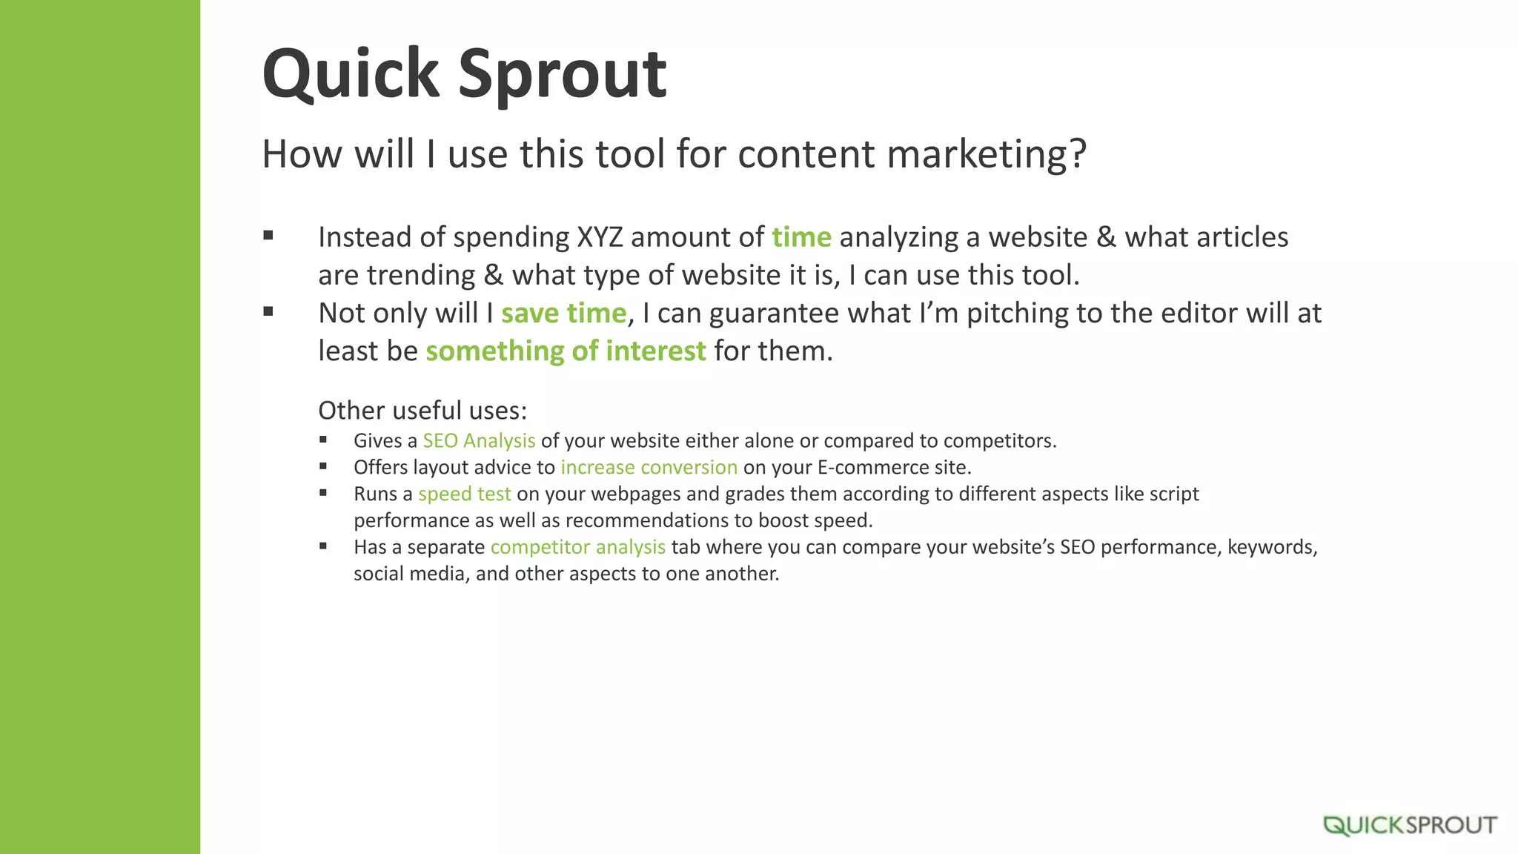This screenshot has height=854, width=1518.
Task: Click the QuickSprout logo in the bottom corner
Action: (1410, 825)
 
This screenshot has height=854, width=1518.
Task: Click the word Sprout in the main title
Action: (562, 74)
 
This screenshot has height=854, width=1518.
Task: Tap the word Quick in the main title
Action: (351, 74)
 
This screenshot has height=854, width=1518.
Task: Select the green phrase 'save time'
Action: (563, 313)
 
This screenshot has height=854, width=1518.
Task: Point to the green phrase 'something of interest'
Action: (566, 351)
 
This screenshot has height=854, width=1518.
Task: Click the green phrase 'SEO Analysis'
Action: (479, 440)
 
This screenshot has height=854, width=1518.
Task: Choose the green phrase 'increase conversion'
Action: (649, 467)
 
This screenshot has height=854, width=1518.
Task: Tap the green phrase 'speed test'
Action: (464, 494)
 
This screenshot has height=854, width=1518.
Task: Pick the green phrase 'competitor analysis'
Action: (577, 547)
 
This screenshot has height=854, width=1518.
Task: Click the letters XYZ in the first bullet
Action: (600, 237)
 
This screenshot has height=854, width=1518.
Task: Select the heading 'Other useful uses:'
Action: (422, 410)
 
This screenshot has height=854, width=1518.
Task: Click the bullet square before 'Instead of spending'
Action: (268, 236)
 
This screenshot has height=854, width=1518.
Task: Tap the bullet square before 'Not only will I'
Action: (268, 311)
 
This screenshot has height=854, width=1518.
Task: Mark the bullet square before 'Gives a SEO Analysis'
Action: (323, 440)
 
